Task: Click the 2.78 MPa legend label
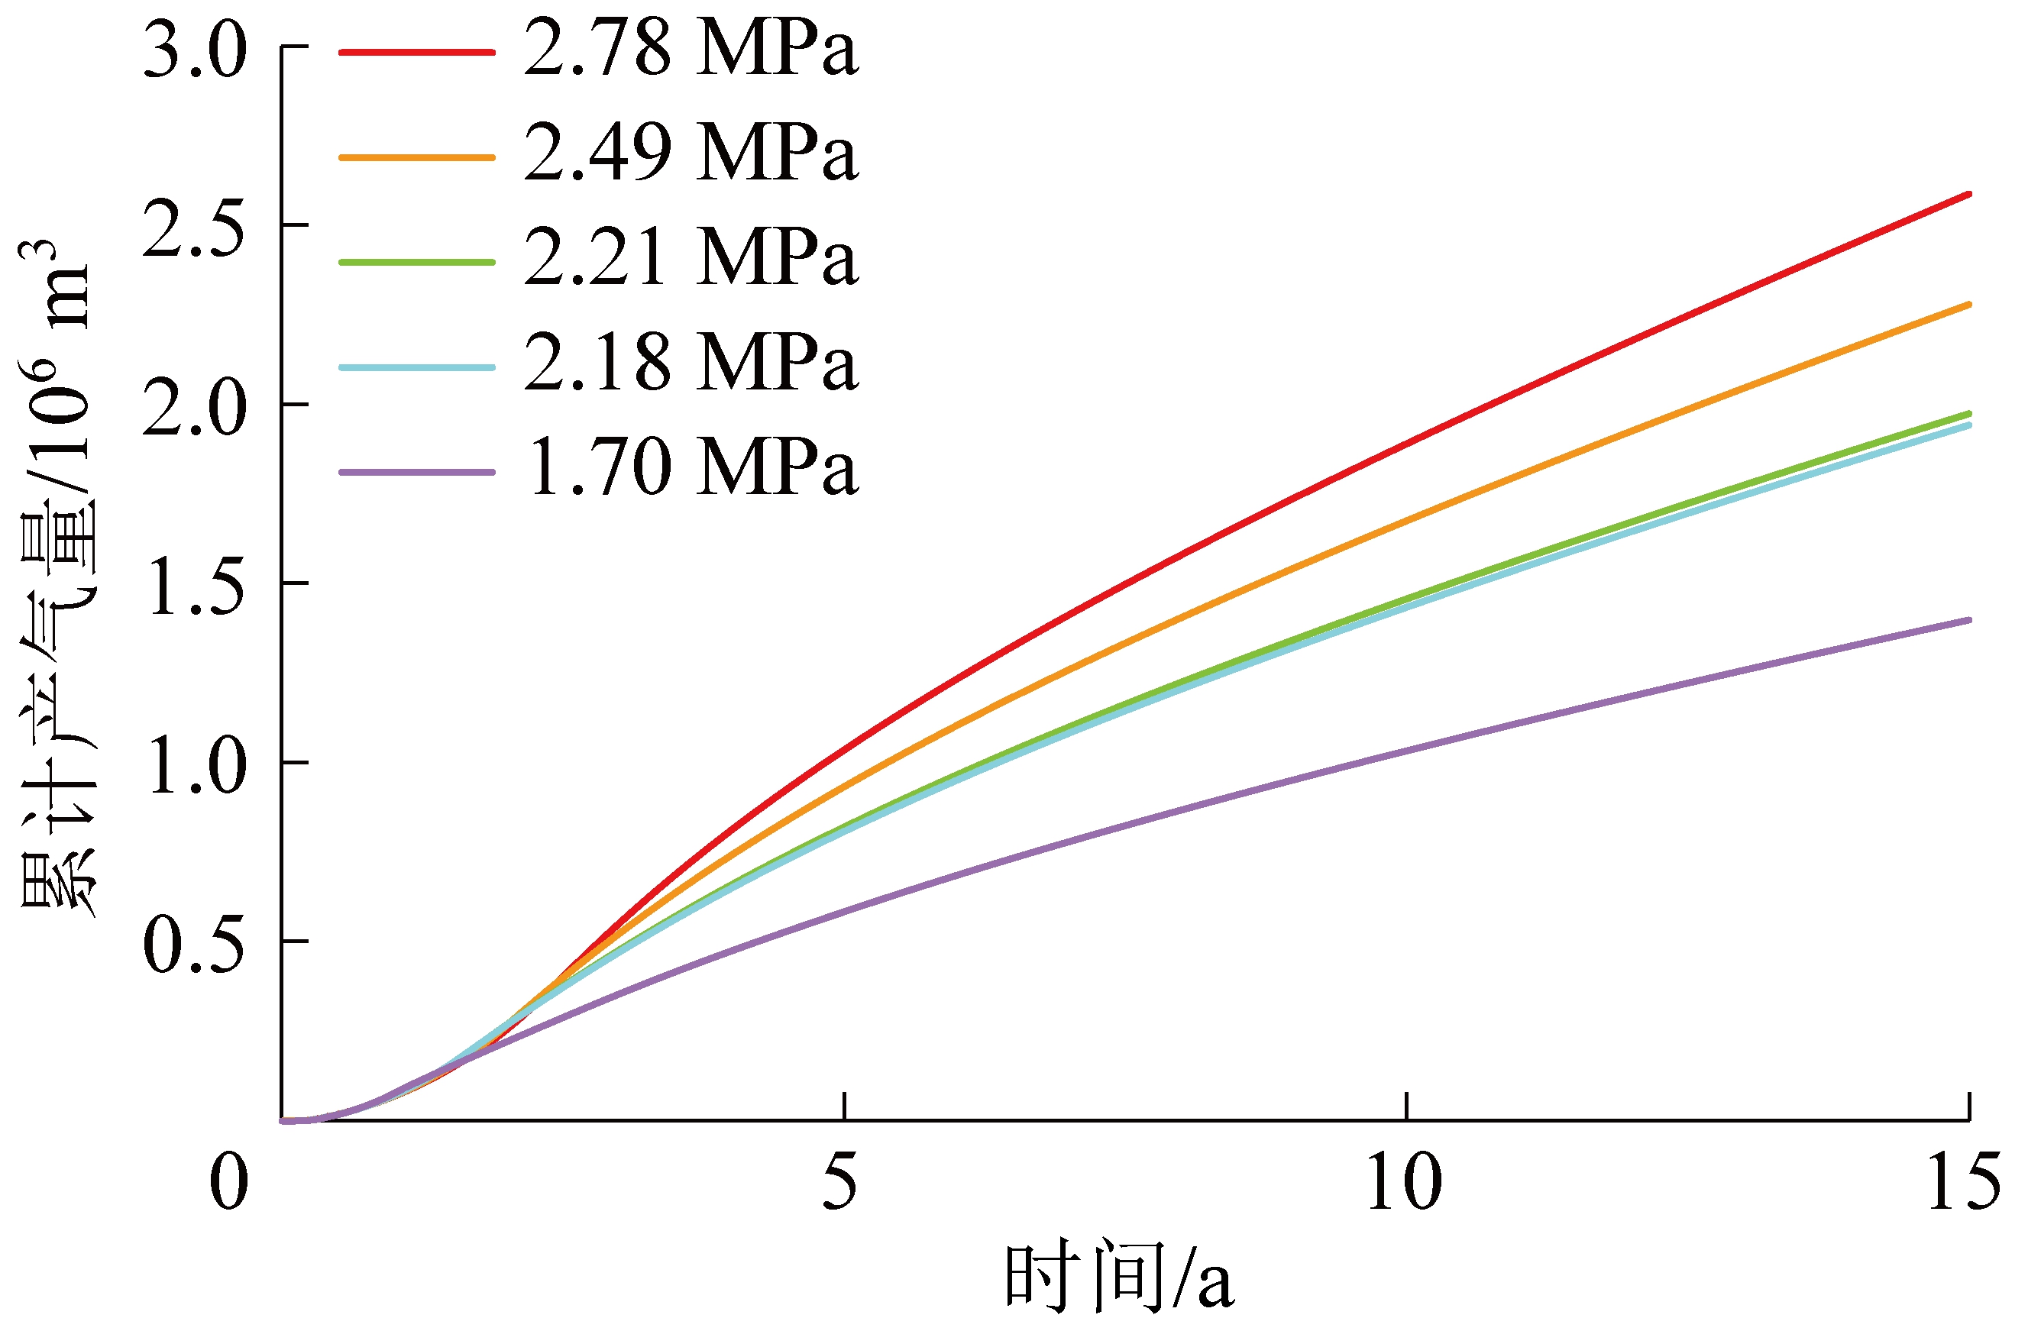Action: [x=691, y=50]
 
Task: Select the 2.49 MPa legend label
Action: [x=691, y=154]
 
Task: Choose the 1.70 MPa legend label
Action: [x=691, y=470]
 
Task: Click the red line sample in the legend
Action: [x=417, y=52]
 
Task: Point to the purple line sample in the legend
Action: [x=417, y=472]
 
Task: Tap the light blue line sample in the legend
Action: [x=417, y=367]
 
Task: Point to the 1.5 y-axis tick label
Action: [x=194, y=588]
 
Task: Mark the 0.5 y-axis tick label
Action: [x=194, y=946]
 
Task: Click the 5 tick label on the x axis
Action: [x=840, y=1183]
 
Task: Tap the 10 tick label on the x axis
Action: [x=1404, y=1183]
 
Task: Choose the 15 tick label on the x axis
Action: [x=1963, y=1183]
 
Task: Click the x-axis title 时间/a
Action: [x=1118, y=1278]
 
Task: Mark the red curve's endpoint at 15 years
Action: [x=1968, y=194]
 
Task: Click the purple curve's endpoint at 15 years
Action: [x=1968, y=619]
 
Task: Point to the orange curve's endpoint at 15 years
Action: [x=1968, y=304]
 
